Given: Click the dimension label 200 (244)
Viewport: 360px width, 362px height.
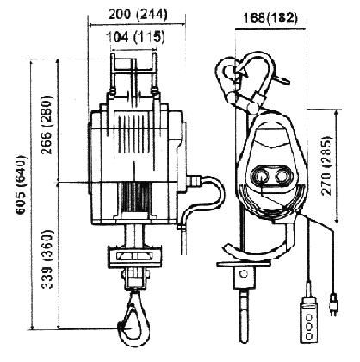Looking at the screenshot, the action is [138, 15].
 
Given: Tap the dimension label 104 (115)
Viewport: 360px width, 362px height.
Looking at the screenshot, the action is [136, 38].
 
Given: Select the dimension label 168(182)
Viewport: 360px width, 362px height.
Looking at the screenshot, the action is [270, 18].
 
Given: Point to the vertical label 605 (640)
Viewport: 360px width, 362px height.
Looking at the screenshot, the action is [22, 184].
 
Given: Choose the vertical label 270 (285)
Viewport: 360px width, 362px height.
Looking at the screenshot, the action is [326, 165].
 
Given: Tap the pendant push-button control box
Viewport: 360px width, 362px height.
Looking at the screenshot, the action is [309, 321].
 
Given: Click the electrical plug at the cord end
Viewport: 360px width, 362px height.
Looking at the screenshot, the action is [333, 304].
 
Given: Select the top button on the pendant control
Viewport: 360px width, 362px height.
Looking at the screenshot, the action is [309, 317].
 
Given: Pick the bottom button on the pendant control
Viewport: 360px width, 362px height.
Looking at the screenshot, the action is [309, 336].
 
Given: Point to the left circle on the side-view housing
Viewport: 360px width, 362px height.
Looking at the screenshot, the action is [262, 178].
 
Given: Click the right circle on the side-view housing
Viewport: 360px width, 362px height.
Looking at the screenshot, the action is [282, 178].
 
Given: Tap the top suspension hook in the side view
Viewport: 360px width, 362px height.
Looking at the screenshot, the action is [245, 76].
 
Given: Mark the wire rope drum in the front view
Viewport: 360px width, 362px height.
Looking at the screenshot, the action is [136, 197].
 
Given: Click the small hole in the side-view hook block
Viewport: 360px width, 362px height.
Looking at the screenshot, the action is [244, 273].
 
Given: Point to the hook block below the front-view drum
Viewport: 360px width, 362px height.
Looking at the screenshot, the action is [135, 256].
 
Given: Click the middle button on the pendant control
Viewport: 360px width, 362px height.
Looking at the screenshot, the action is [309, 327].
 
